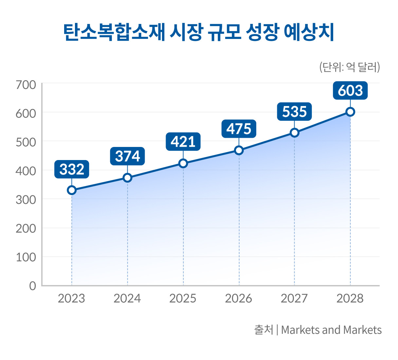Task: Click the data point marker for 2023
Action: (x=72, y=190)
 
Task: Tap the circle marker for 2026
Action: (x=239, y=150)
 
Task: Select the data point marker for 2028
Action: (x=350, y=112)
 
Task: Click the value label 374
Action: (x=127, y=156)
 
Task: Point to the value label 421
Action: (x=183, y=142)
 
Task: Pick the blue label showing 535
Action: (x=294, y=112)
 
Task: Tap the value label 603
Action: (x=350, y=91)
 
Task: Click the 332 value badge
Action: (x=72, y=169)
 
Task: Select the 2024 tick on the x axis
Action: (x=127, y=298)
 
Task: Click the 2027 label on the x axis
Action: (x=294, y=298)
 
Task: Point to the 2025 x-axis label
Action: (x=183, y=298)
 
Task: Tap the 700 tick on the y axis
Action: (x=26, y=85)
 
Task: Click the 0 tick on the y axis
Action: (x=32, y=286)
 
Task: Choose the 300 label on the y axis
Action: (x=26, y=199)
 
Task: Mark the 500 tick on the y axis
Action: (x=26, y=142)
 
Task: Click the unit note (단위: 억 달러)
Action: (x=349, y=67)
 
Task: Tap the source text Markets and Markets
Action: (x=331, y=330)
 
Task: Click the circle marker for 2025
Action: (x=183, y=163)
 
